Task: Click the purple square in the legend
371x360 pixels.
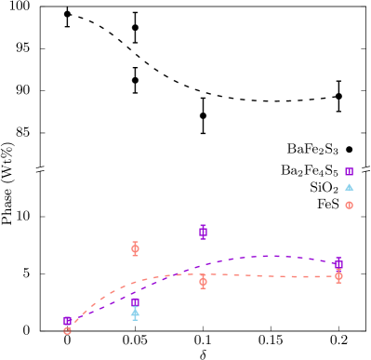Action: coord(349,171)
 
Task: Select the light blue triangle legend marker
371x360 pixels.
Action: coord(349,188)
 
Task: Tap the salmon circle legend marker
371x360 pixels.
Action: coord(349,205)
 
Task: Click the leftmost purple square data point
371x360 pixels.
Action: coord(67,321)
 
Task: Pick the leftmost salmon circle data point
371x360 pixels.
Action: coord(67,330)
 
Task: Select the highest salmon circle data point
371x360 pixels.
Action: coord(135,248)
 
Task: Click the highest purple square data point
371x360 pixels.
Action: coord(203,232)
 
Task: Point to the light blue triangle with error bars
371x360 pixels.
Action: coord(135,313)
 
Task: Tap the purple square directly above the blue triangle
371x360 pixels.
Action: coord(135,302)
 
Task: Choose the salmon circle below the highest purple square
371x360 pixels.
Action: coord(203,281)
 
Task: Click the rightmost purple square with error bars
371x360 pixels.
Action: coord(338,264)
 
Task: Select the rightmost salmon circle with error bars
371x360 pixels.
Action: coord(338,276)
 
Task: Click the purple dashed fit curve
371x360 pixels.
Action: coord(232,260)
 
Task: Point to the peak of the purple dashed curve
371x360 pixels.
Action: coord(272,256)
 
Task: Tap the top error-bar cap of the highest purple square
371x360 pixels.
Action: coord(203,225)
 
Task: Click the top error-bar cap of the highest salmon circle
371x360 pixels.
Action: coord(135,242)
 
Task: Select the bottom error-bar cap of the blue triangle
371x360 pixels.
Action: coord(135,320)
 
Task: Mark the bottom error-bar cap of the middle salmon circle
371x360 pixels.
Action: coord(203,287)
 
